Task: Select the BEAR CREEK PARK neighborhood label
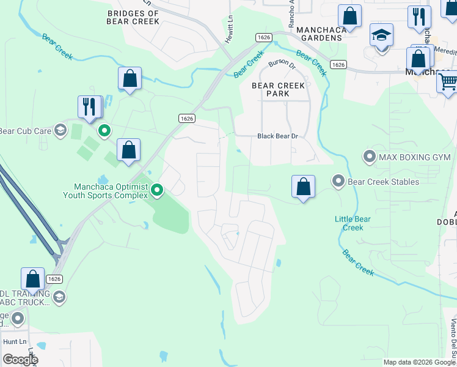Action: click(278, 90)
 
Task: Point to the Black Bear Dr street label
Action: click(277, 136)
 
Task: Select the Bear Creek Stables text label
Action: click(383, 182)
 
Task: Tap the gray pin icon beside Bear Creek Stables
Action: click(338, 181)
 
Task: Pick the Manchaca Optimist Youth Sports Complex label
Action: click(105, 191)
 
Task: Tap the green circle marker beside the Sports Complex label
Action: click(156, 191)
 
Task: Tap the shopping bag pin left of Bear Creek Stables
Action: click(303, 186)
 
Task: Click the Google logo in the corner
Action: click(20, 360)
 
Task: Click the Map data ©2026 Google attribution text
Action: click(419, 362)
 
